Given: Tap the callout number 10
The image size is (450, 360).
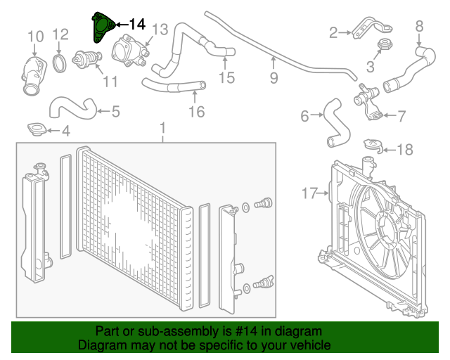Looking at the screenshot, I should click(x=35, y=36).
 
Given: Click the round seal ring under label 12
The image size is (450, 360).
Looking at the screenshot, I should click(x=61, y=63).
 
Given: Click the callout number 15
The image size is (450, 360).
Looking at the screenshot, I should click(x=226, y=77).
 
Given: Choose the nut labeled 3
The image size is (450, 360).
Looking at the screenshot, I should click(x=384, y=46).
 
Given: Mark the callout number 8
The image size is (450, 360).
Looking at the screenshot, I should click(x=419, y=26).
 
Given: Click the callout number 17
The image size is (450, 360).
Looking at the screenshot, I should click(x=310, y=191).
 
